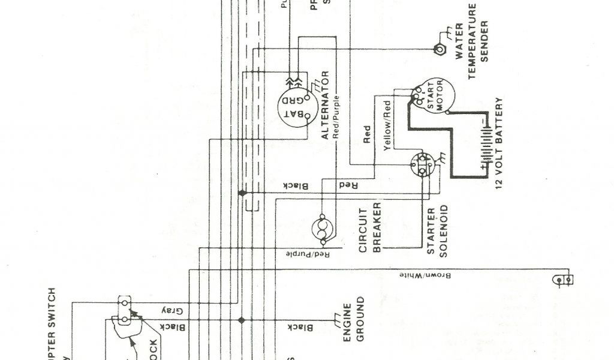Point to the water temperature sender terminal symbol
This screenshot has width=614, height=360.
coord(438,49)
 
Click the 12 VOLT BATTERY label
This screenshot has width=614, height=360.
coord(499,148)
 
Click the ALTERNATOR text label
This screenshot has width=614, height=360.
coord(325,106)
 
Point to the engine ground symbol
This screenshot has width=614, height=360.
coord(334,317)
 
